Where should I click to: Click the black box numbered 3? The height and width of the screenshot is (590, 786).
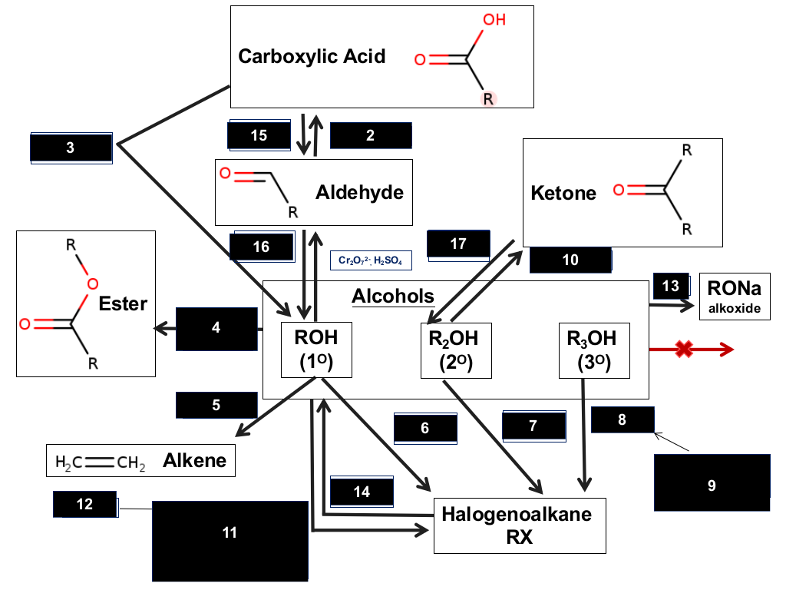point(71,147)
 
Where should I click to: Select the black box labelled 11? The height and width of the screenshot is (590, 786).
point(230,541)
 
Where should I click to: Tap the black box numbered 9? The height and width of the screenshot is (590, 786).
point(712,482)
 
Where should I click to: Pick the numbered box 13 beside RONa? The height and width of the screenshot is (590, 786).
point(671,286)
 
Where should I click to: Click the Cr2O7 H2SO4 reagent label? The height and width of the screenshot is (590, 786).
point(371,260)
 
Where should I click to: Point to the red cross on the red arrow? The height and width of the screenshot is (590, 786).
point(684,350)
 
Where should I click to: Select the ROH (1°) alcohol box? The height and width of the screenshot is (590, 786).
point(316,350)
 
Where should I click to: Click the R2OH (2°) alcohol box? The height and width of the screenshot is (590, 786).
point(456,350)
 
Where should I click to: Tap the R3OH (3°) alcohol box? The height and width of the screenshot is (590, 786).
point(594,350)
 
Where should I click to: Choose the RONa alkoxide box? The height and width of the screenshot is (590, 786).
point(735,297)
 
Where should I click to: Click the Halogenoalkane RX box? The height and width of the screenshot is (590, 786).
point(520,525)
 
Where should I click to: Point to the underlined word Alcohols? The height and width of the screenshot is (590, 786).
point(393,296)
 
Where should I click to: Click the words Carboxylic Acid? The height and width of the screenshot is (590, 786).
point(312,56)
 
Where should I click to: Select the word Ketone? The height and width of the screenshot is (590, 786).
point(563,193)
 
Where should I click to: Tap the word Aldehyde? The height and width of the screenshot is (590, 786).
point(359,192)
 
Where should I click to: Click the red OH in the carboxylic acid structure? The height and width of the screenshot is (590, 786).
point(494,19)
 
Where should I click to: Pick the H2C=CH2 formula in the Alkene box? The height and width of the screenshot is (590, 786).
point(101,462)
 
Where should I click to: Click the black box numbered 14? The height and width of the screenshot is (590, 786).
point(362,492)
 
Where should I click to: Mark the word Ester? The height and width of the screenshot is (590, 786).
point(123,303)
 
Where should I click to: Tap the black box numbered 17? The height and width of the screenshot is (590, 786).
point(458,244)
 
